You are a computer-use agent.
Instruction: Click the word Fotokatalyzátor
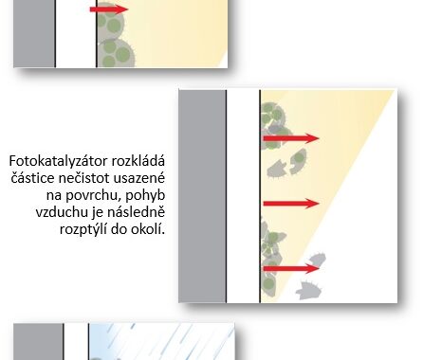tap(58, 161)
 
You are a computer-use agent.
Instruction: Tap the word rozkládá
tap(138, 161)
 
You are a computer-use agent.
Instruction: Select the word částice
tap(33, 178)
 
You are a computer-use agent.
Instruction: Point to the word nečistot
tap(84, 178)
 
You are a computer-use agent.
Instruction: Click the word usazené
tap(139, 178)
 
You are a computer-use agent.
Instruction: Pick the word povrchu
tap(94, 196)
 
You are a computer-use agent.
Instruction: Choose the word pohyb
tap(146, 195)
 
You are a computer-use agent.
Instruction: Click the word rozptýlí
tap(83, 229)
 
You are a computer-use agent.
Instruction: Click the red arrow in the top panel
tap(109, 9)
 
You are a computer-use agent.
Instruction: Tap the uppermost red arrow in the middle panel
tap(291, 138)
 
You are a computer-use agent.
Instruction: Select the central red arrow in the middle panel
tap(291, 204)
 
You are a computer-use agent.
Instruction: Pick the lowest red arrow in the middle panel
tap(291, 269)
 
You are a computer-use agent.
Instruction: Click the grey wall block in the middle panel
tap(202, 196)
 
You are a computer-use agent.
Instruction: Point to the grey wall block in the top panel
tap(34, 33)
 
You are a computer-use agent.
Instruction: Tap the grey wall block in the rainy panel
tap(38, 342)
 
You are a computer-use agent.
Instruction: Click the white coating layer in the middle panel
tap(243, 196)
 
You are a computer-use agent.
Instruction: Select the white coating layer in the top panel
tap(76, 33)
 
